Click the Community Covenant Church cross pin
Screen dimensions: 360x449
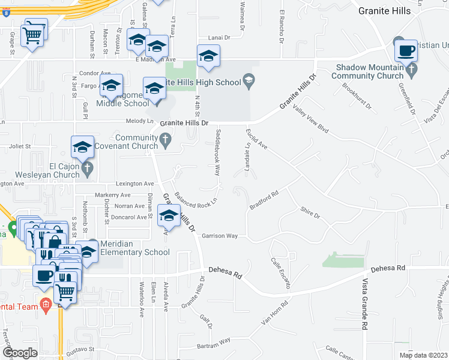(x=166, y=142)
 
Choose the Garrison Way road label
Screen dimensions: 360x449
(x=220, y=236)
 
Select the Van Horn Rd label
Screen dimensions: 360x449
(x=275, y=313)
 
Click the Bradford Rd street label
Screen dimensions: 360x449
(x=265, y=200)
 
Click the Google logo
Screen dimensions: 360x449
(x=19, y=353)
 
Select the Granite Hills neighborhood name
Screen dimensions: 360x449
(x=384, y=11)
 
